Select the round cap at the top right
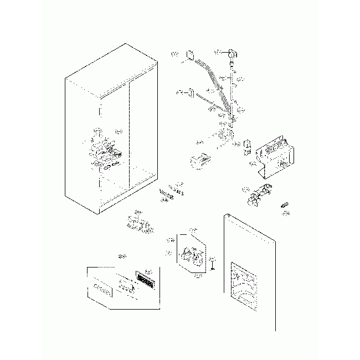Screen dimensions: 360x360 coord(232,54)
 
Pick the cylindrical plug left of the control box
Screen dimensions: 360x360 coord(199,161)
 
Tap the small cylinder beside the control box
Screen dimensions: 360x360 coord(247,146)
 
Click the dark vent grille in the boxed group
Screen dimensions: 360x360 coord(146,280)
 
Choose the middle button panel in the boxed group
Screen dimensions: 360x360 coord(127,286)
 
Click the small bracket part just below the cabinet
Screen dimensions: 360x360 coord(138,224)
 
